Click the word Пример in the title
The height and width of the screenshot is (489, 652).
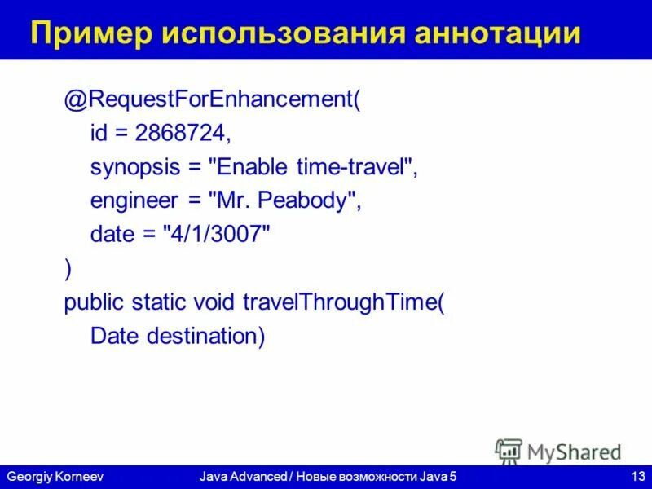(x=90, y=33)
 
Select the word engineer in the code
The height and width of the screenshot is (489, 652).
(x=133, y=202)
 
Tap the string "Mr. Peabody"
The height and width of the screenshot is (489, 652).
(x=285, y=202)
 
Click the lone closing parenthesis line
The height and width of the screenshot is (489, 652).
(x=68, y=269)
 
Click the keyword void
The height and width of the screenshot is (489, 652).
(x=215, y=302)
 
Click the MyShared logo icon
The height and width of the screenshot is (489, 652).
(x=509, y=451)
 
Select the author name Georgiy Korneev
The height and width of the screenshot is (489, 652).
(x=55, y=475)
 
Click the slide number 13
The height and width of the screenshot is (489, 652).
(x=637, y=475)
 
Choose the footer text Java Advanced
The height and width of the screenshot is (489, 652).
(x=239, y=475)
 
